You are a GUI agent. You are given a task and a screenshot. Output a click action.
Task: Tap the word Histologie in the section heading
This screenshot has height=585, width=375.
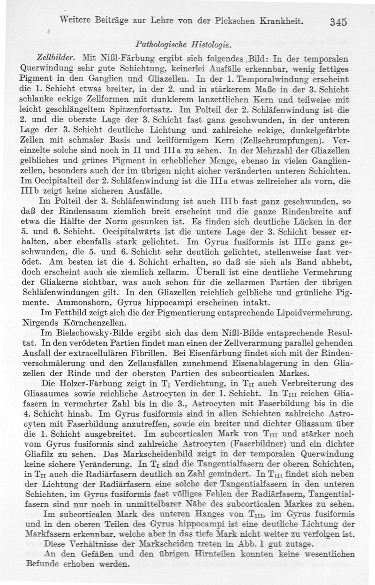pos(210,46)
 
